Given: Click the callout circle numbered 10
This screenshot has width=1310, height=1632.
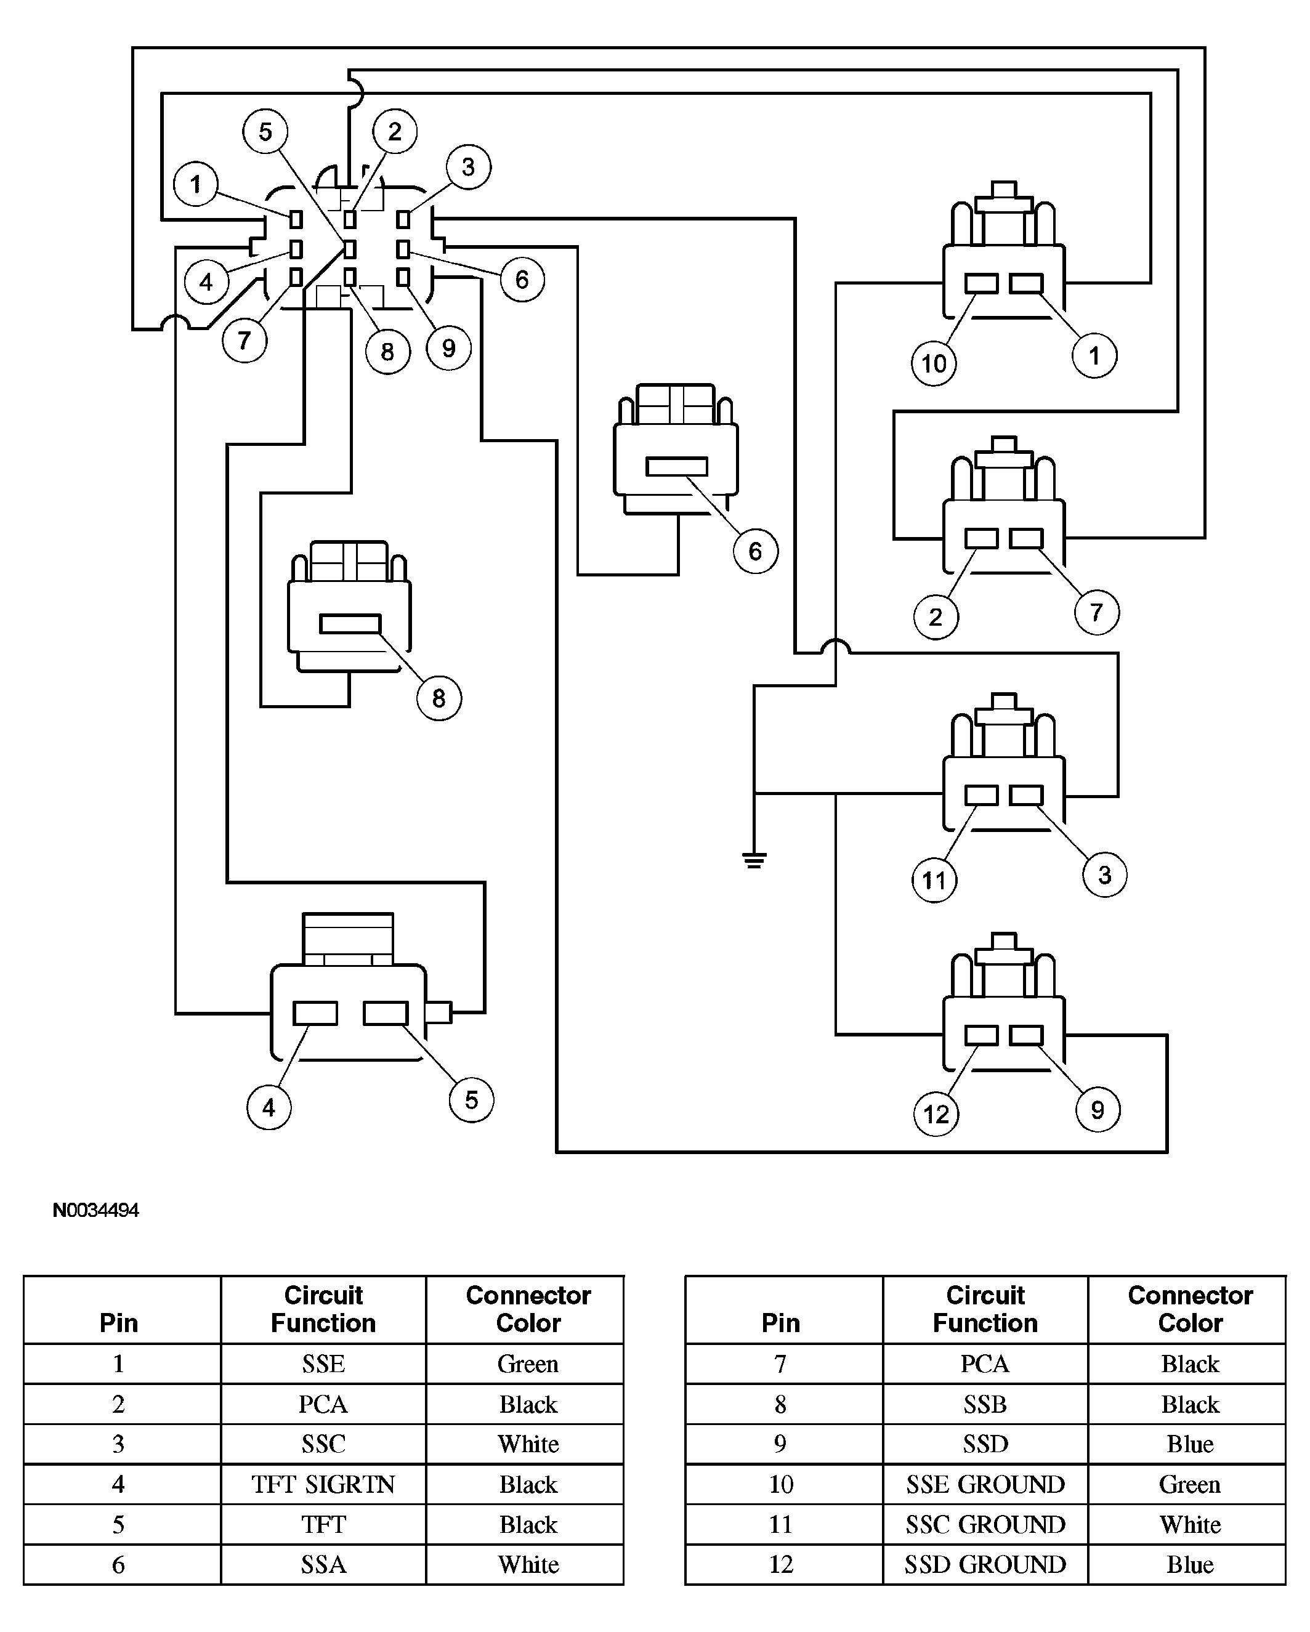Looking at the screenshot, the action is [934, 363].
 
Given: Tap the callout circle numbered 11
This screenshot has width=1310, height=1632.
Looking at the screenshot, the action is [934, 879].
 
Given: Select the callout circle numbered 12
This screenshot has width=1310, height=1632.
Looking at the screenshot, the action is [937, 1113].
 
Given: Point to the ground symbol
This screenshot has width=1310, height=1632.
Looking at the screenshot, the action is [754, 860].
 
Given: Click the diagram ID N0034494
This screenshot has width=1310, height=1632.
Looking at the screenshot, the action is [96, 1210].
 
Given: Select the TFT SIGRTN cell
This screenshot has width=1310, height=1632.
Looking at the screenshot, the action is [323, 1484].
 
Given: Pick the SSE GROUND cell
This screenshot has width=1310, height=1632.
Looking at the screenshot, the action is [985, 1484].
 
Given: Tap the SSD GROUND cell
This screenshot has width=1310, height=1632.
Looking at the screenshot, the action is [985, 1564].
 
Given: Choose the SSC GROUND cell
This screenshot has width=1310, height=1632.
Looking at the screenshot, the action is [985, 1524].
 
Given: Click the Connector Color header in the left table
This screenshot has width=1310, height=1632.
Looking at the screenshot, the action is [528, 1309].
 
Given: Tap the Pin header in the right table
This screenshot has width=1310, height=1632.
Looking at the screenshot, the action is [781, 1322].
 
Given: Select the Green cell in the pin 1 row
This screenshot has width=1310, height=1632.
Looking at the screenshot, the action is [528, 1363].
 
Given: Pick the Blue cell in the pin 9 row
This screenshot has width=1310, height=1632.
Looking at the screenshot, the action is [1190, 1444].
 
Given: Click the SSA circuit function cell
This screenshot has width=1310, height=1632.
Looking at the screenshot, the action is [323, 1564].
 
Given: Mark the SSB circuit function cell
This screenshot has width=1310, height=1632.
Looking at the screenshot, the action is [985, 1404].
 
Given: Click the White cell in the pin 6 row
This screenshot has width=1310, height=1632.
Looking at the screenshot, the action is [528, 1564].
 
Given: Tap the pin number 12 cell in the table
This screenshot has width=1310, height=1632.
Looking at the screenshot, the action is [781, 1564].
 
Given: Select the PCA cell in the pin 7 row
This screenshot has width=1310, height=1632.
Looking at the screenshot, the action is [985, 1363].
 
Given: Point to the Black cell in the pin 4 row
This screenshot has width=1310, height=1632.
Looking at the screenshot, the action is [528, 1484].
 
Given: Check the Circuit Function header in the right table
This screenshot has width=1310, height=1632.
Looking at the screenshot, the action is [985, 1309].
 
